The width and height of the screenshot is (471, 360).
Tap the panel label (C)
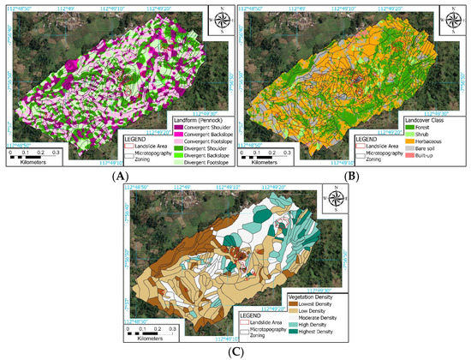[235, 353]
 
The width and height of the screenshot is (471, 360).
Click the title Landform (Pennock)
[186, 121]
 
